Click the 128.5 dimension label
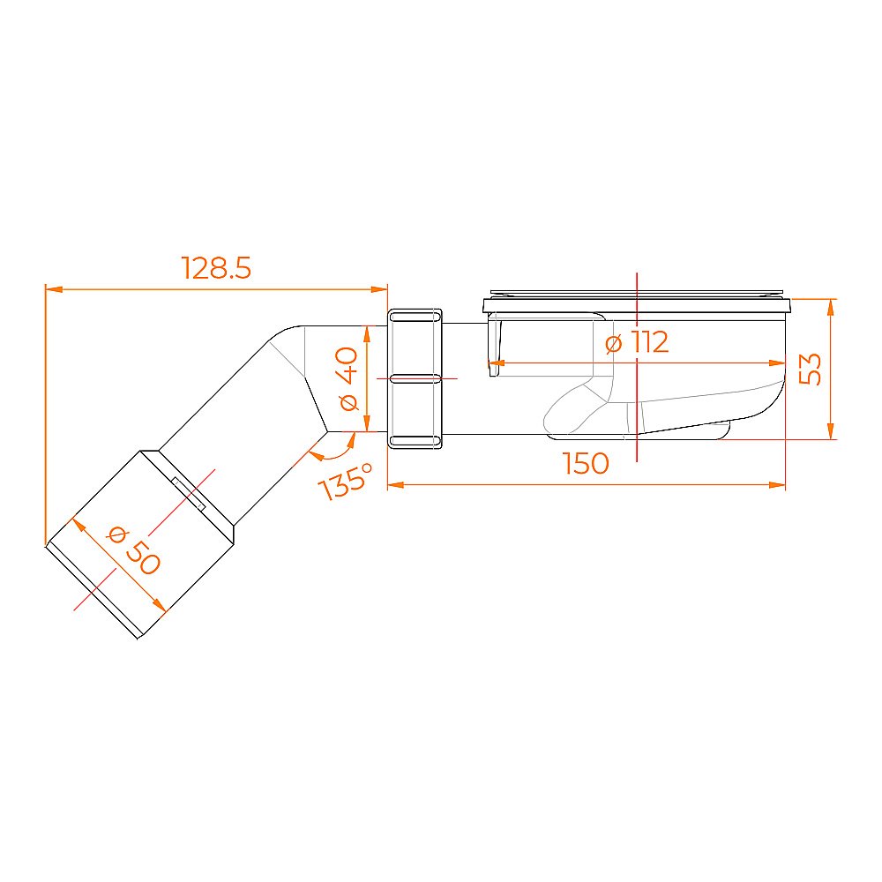click(x=216, y=268)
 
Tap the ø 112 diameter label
click(x=637, y=342)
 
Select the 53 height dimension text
click(x=811, y=369)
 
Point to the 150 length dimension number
click(x=586, y=464)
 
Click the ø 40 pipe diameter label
click(x=348, y=378)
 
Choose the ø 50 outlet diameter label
click(x=134, y=550)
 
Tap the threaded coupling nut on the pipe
click(x=415, y=378)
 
